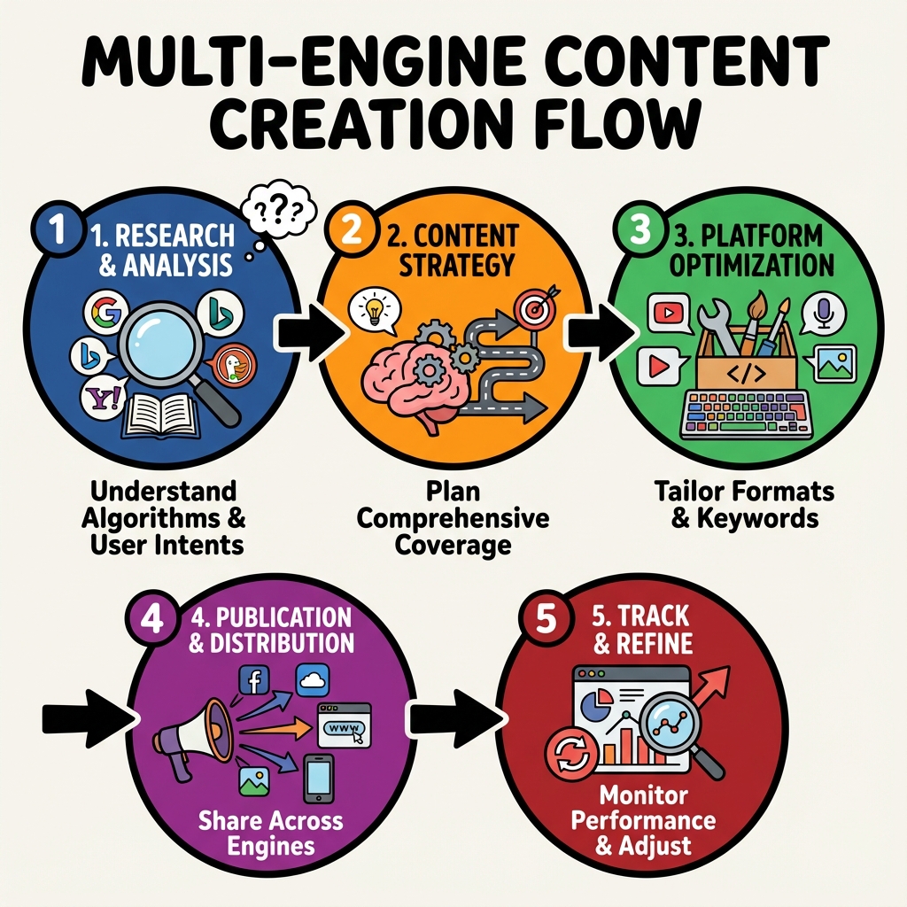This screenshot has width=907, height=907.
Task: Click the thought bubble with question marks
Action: point(281,211)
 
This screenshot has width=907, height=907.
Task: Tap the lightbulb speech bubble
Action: point(372,311)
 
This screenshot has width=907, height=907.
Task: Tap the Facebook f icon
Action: point(255,681)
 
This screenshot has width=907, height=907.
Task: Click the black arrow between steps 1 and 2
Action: point(306,331)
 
